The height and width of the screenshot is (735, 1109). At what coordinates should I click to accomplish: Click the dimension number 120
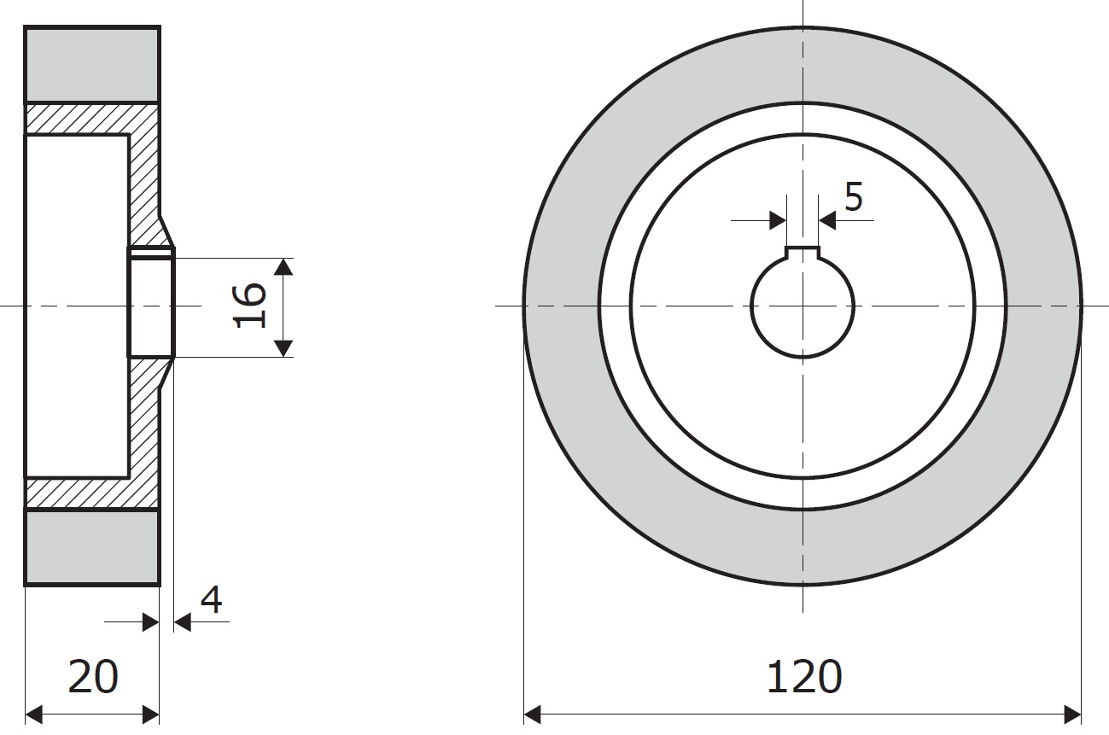pos(804,676)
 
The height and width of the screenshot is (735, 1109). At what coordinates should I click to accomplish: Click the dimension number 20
pos(92,676)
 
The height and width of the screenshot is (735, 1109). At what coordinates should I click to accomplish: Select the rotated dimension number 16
pos(249,306)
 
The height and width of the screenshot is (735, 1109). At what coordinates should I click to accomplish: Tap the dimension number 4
pos(212,599)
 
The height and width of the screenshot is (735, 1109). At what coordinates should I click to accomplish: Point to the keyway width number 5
pos(854,196)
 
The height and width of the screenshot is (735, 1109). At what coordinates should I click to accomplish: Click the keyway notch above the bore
pos(803,253)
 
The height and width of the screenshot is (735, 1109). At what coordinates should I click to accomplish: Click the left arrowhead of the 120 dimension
pos(532,715)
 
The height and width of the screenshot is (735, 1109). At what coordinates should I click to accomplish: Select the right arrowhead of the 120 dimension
pos(1072,715)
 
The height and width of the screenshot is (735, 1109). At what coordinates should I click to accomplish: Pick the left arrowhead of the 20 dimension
pos(33,715)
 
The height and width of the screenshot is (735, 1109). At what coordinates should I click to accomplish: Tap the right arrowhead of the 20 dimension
pos(150,715)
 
